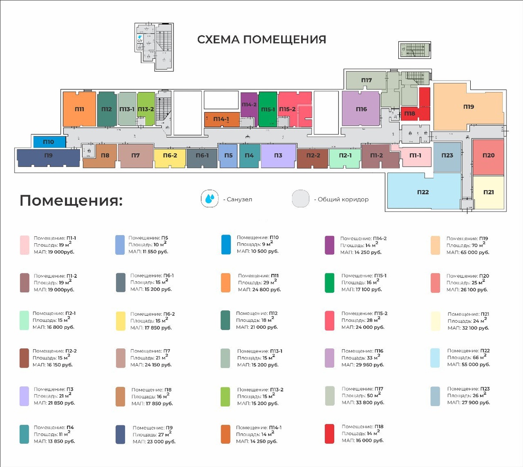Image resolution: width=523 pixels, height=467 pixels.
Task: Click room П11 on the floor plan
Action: click(79, 109)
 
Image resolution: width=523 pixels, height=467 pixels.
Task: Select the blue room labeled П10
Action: click(49, 142)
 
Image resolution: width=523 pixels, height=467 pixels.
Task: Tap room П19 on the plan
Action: click(468, 107)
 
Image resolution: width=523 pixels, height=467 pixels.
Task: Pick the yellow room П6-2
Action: click(170, 156)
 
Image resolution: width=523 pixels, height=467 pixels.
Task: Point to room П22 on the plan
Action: click(423, 192)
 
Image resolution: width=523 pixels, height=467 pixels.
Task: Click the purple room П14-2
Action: click(249, 105)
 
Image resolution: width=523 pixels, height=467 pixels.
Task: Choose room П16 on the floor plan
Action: click(361, 109)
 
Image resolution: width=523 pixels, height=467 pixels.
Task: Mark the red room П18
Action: click(410, 113)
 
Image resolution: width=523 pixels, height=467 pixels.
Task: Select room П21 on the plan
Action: click(489, 192)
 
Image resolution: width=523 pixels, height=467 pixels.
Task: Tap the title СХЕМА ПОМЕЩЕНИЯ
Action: click(261, 40)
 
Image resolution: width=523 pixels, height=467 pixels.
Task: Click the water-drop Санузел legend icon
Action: click(210, 199)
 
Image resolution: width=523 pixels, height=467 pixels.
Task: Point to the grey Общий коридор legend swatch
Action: click(301, 199)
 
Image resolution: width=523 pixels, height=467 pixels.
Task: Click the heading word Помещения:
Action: click(71, 201)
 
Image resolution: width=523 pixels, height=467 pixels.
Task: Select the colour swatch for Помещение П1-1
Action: click(24, 245)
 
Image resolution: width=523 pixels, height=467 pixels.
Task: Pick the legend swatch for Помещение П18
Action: click(329, 434)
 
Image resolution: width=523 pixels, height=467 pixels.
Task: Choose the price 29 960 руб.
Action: click(370, 365)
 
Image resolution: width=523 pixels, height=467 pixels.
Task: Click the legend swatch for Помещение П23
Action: click(435, 396)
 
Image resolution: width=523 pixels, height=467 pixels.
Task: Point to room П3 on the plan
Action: click(278, 156)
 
